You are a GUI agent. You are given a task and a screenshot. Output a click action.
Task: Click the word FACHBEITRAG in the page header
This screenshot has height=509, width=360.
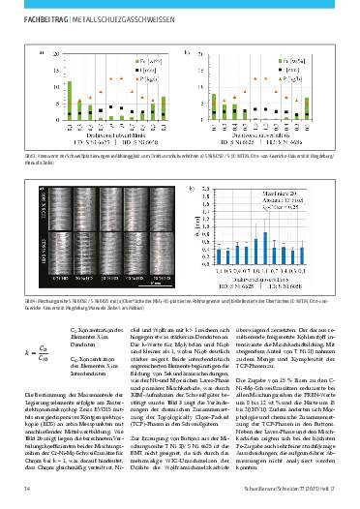41,15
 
